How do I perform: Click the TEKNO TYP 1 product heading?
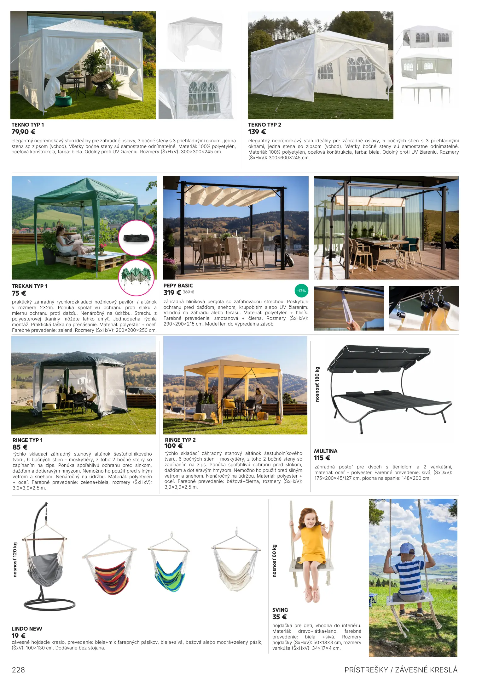(x=28, y=125)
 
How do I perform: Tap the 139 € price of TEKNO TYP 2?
(x=257, y=132)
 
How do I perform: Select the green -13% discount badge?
(x=301, y=291)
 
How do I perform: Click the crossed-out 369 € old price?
(x=189, y=292)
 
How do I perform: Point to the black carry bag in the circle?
(x=136, y=238)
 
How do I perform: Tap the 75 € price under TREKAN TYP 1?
(x=19, y=293)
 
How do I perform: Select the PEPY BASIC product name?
(x=178, y=286)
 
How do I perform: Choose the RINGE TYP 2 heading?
(x=180, y=440)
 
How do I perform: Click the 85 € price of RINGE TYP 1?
(x=20, y=447)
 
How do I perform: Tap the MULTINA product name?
(x=326, y=451)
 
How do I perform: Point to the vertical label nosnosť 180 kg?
(x=317, y=384)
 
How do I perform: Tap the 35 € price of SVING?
(x=279, y=617)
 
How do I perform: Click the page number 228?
(x=18, y=670)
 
